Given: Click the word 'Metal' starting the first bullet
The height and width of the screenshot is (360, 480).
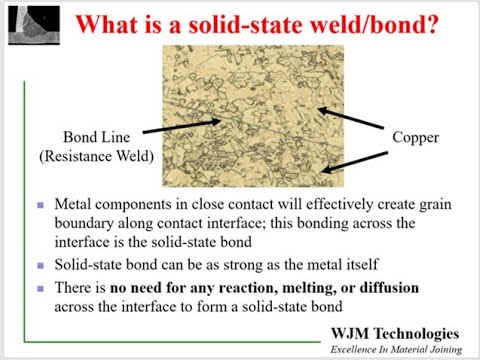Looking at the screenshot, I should [76, 205].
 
